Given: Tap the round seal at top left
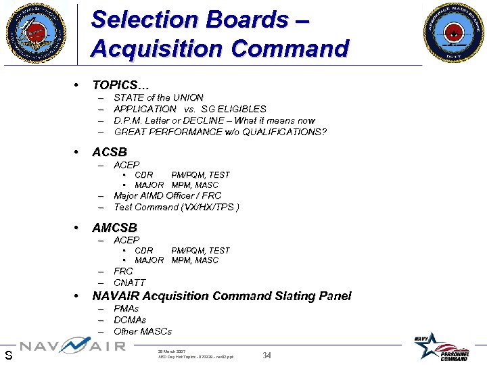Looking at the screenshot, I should tap(37, 32).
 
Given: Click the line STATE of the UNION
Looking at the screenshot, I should tap(158, 97).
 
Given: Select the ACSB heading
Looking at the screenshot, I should tap(110, 151).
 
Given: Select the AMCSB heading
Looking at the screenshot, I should tap(115, 227).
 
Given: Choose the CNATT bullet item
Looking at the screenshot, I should tap(129, 283).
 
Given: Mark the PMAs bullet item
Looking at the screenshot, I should tap(126, 308).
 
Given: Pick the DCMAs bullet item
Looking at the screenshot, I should tap(130, 320).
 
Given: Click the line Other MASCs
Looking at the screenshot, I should tap(143, 331).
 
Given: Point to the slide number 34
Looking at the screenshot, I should tap(266, 355).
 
